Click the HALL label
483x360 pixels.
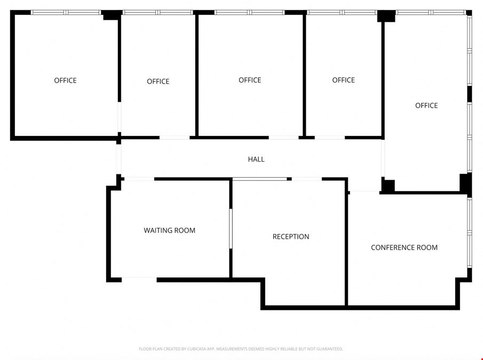(x=256, y=159)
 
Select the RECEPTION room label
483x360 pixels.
(x=291, y=237)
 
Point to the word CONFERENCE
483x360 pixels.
(x=392, y=247)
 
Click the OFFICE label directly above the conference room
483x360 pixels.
(x=426, y=106)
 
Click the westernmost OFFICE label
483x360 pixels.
(x=65, y=81)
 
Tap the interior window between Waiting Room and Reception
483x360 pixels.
(x=231, y=229)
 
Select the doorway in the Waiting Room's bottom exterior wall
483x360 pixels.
(x=139, y=279)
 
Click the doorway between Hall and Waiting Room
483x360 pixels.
(x=139, y=179)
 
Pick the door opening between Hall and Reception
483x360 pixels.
(x=307, y=179)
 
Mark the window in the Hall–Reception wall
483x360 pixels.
(x=260, y=179)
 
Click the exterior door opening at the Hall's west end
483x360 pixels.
(x=118, y=159)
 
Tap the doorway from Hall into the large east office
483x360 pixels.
(x=383, y=158)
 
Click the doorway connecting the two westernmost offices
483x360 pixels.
(x=119, y=117)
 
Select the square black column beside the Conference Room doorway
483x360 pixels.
(x=388, y=186)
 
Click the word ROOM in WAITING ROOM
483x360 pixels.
(x=185, y=230)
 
